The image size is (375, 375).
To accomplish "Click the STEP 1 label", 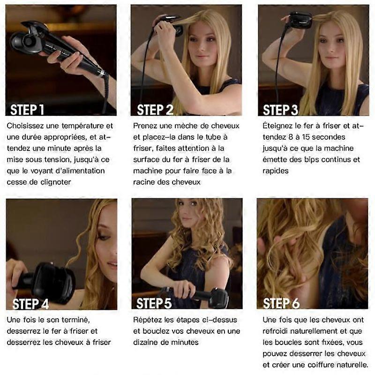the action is pyautogui.click(x=27, y=110).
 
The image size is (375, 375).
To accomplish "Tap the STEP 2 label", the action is pyautogui.click(x=155, y=110).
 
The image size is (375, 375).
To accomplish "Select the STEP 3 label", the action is pyautogui.click(x=280, y=110).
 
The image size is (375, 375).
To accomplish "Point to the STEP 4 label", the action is pyautogui.click(x=30, y=304).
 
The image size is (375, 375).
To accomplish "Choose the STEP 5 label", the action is pyautogui.click(x=154, y=303).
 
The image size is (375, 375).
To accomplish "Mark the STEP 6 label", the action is pyautogui.click(x=281, y=303).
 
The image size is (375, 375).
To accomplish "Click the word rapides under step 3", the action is pyautogui.click(x=276, y=171).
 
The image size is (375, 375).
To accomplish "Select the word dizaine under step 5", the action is pyautogui.click(x=145, y=342).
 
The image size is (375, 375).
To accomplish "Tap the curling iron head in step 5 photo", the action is pyautogui.click(x=219, y=297).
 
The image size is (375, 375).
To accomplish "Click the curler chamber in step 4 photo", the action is pyautogui.click(x=55, y=282).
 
